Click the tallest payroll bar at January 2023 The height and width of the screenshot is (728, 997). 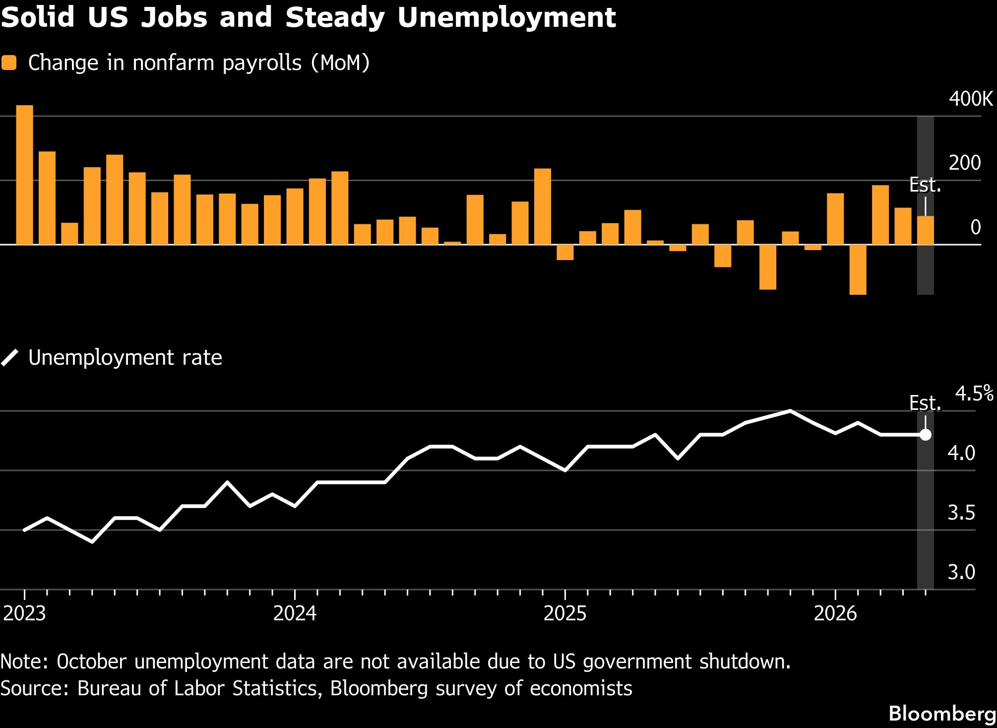(x=25, y=175)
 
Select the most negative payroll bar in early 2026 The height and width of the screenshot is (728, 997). (x=858, y=269)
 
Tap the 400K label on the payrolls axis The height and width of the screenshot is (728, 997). (x=971, y=99)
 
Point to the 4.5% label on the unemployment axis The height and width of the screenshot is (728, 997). (x=974, y=394)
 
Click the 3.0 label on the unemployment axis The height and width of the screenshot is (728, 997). (x=961, y=572)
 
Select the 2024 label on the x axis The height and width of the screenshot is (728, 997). (x=295, y=614)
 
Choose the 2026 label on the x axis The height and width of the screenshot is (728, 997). (x=835, y=614)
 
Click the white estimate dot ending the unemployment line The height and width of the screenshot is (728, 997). (x=925, y=435)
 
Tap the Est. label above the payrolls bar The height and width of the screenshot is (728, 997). (x=925, y=185)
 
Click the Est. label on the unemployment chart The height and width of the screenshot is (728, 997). (x=925, y=403)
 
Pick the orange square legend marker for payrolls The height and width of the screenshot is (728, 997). (x=9, y=63)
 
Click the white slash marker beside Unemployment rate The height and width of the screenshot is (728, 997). (x=9, y=357)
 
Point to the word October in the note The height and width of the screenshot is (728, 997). (x=92, y=662)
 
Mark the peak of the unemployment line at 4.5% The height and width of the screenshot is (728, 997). (x=790, y=411)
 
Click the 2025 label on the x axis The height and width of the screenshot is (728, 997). (x=565, y=614)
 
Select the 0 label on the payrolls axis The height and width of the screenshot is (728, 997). (x=975, y=228)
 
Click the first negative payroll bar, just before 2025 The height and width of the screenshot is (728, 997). (x=565, y=252)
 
